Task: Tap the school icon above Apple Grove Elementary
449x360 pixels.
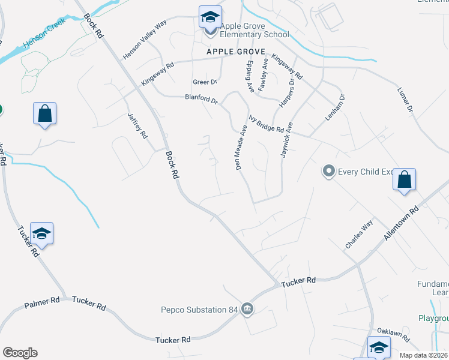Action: pos(210,17)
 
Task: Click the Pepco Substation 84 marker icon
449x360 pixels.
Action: pos(247,310)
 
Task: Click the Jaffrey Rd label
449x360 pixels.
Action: pos(137,126)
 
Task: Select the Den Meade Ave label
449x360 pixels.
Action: pos(241,148)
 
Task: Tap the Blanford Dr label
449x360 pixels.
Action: pos(201,99)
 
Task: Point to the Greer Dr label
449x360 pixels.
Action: pos(205,82)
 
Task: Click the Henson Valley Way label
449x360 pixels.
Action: pos(144,40)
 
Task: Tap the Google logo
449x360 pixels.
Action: pos(20,353)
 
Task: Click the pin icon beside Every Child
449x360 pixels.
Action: pos(328,172)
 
